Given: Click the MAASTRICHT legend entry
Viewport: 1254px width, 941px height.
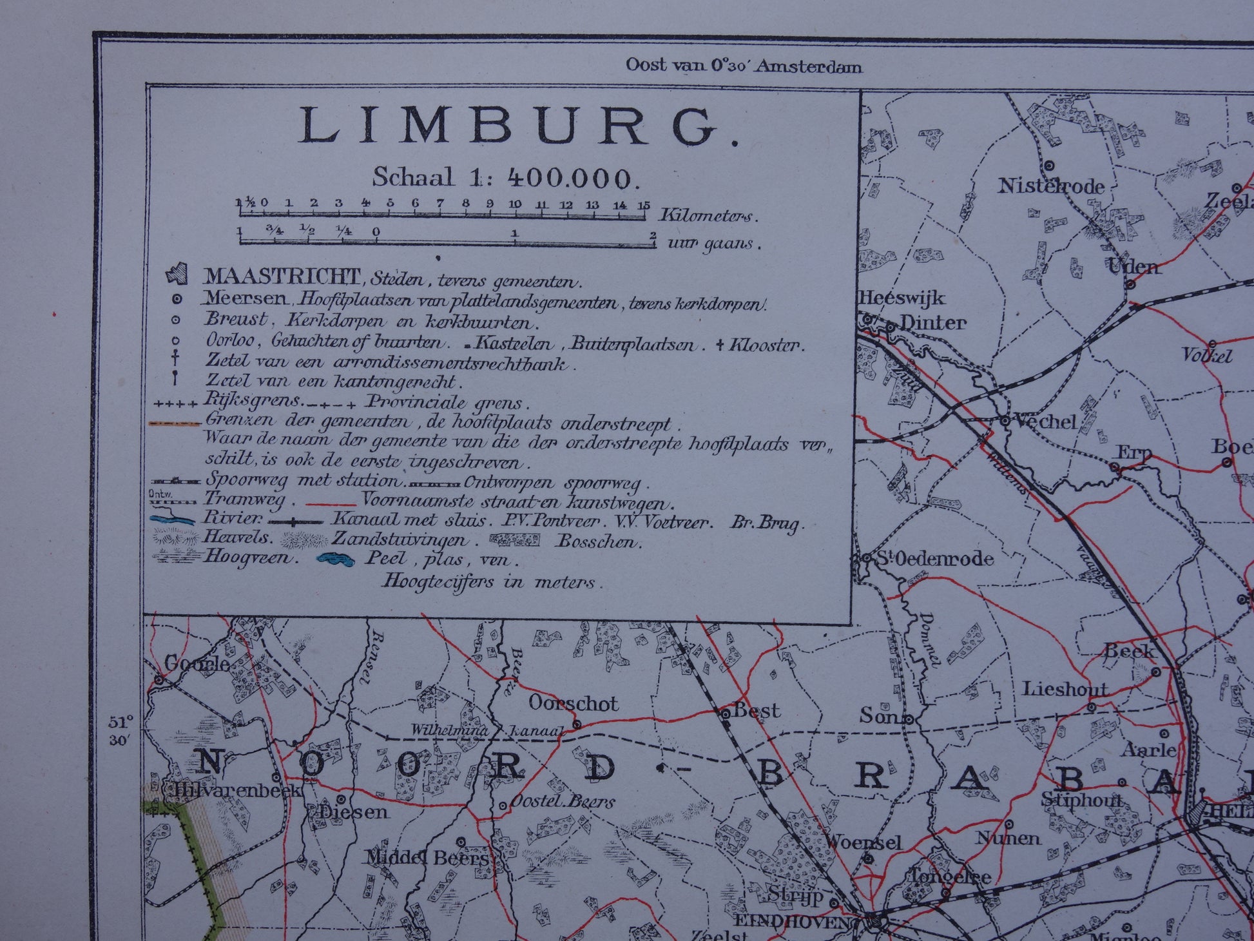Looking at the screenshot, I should [282, 277].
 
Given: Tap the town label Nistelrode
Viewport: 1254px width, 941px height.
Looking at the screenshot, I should [1051, 186].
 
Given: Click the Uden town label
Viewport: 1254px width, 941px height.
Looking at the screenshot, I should [1133, 266].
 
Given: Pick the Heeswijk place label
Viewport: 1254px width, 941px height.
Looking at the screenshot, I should [902, 298].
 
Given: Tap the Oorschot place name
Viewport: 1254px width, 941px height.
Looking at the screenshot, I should [573, 703].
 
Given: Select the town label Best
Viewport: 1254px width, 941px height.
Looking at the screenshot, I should [757, 711].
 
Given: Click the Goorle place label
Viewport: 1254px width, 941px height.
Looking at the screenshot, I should [197, 663].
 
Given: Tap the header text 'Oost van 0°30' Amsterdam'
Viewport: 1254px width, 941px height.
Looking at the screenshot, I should [744, 66].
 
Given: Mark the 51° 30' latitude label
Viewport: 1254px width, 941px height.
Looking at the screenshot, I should [121, 730].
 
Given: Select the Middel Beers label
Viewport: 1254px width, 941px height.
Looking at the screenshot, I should [428, 858].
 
